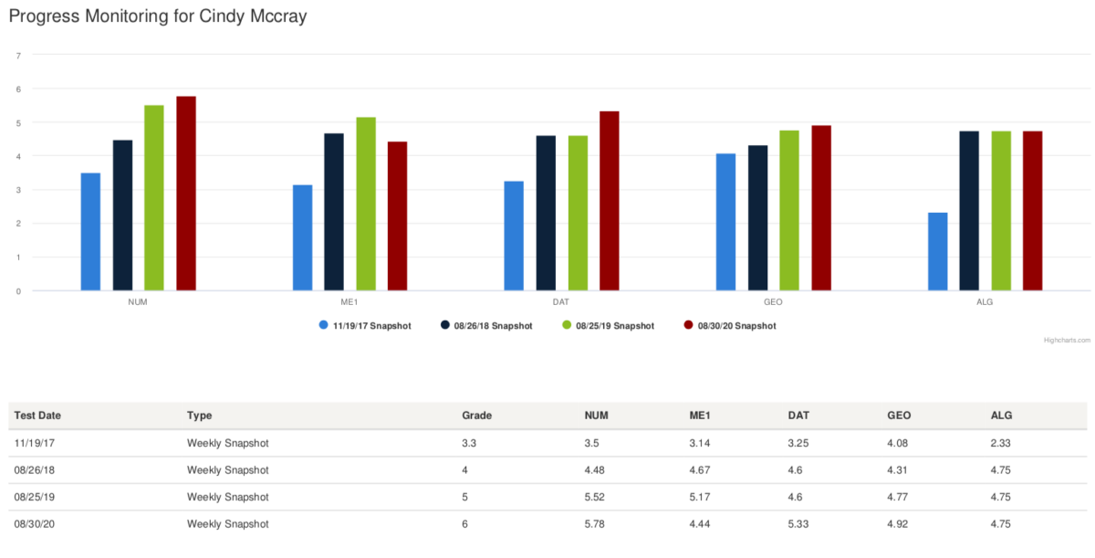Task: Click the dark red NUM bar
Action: (x=186, y=194)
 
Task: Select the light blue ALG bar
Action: (x=937, y=251)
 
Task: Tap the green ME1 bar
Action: (x=366, y=204)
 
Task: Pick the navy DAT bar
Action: (x=546, y=213)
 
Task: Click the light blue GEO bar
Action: (x=725, y=222)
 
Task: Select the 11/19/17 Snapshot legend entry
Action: (x=365, y=325)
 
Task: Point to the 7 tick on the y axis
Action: (x=18, y=55)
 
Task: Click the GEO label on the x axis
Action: (x=773, y=300)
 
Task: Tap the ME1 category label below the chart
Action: (x=349, y=300)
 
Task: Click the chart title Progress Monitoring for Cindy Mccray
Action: (x=158, y=16)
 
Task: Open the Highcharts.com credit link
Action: (x=1067, y=340)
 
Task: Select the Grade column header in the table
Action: (x=476, y=416)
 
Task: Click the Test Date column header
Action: (x=37, y=416)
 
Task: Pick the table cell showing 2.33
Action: (x=1002, y=443)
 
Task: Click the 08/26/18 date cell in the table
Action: (x=33, y=470)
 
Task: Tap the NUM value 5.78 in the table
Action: (x=597, y=524)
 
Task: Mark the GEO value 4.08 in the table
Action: (x=898, y=443)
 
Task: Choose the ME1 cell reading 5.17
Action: (x=701, y=497)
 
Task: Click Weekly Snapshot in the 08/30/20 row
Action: (x=228, y=524)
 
